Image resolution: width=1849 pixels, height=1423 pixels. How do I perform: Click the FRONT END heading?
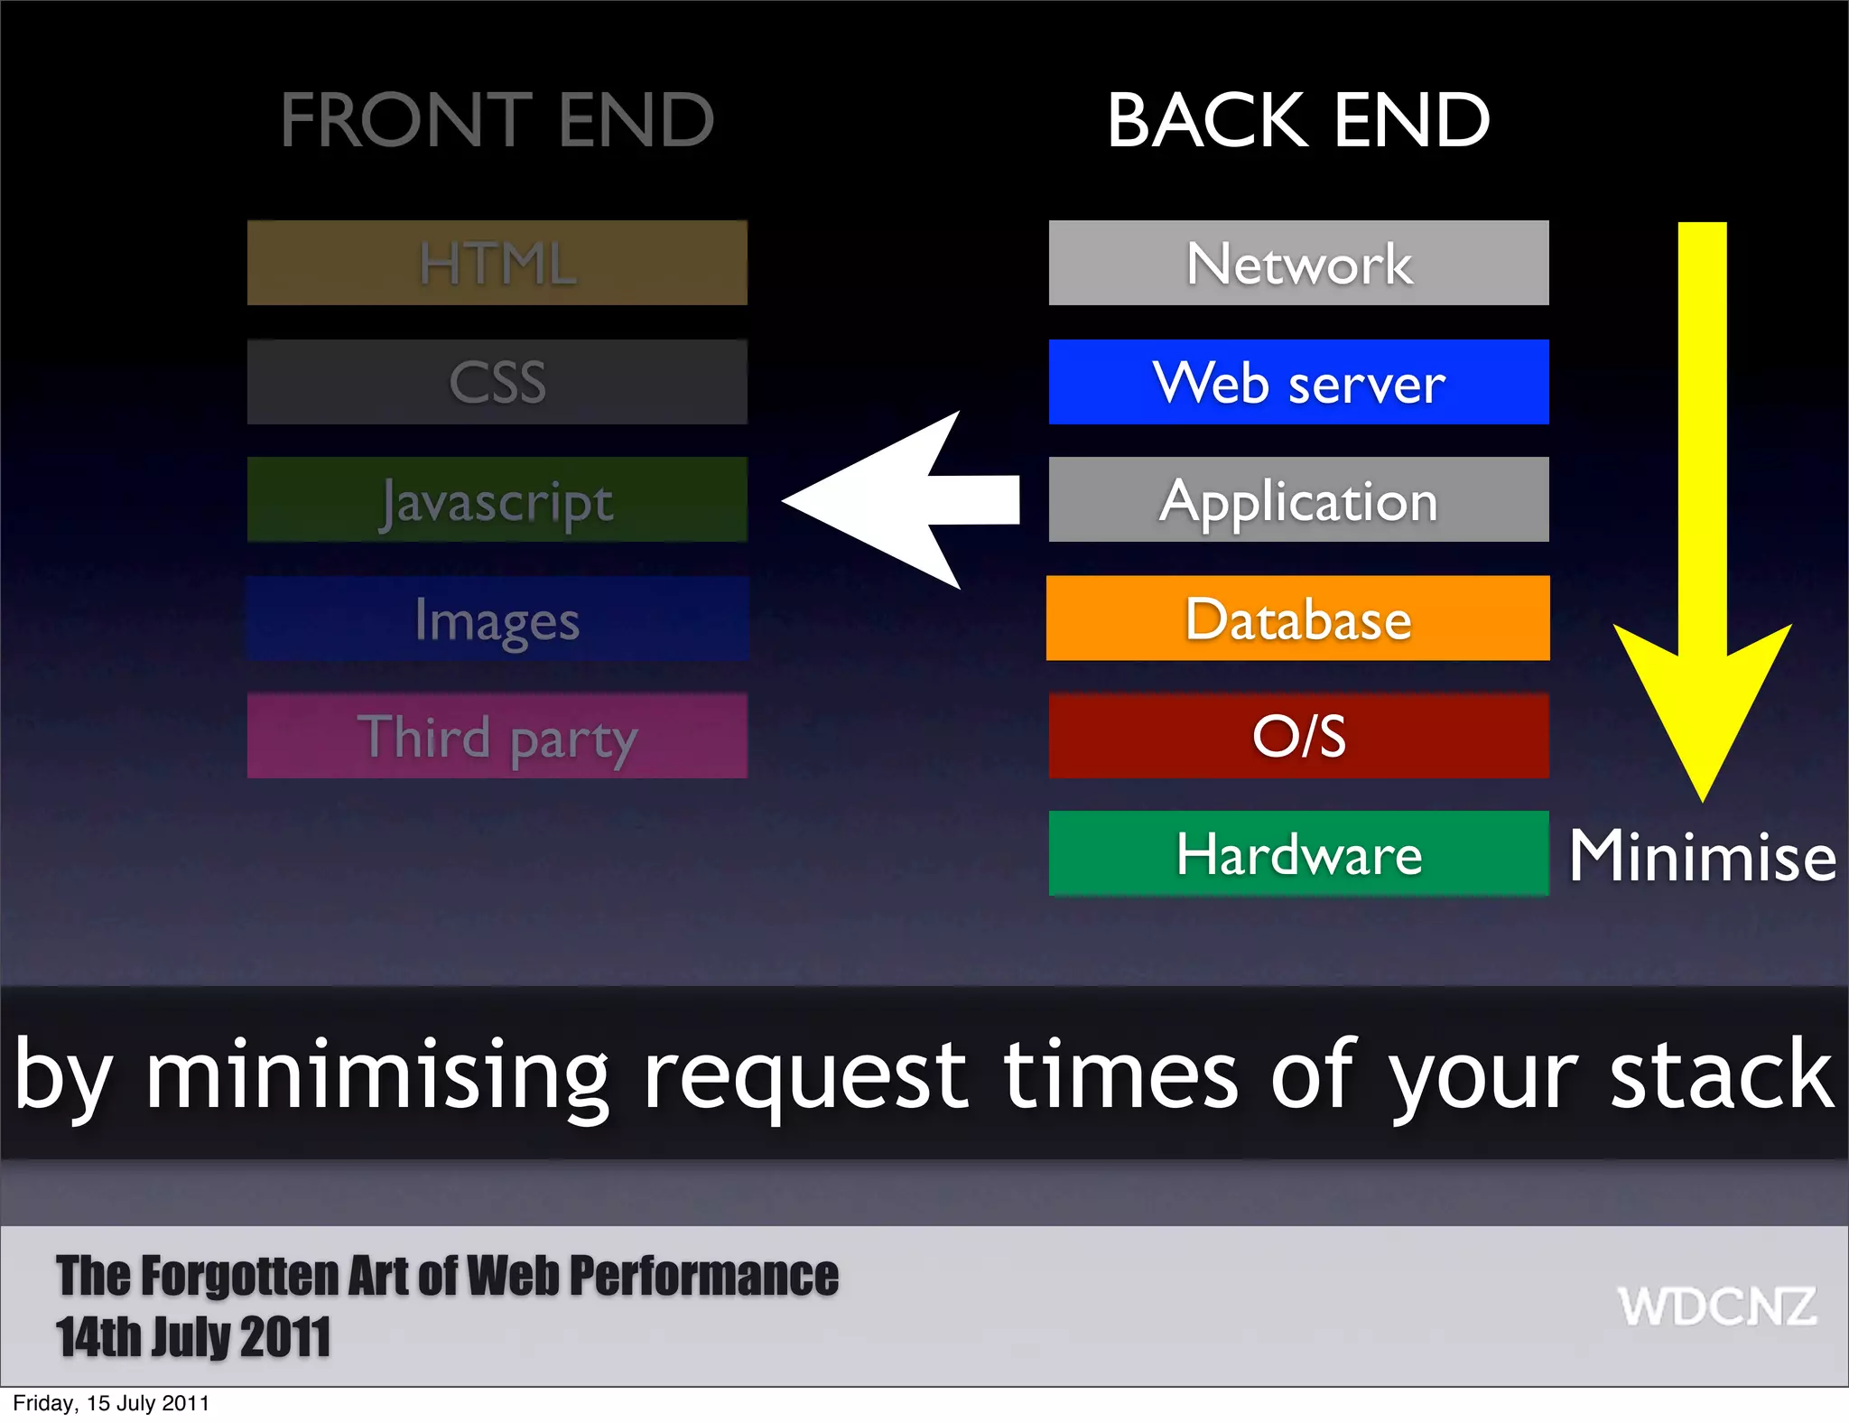click(497, 119)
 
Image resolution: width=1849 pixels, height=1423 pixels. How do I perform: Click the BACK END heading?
click(1297, 119)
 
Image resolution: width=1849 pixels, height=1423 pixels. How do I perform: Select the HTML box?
click(497, 263)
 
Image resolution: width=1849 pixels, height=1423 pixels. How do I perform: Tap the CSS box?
click(497, 382)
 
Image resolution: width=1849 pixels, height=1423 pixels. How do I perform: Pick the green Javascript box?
click(497, 499)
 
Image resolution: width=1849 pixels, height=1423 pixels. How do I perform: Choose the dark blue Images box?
click(497, 618)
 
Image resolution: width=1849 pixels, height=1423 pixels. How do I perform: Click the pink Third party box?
click(497, 736)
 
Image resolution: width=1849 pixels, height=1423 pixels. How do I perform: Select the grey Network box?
click(1298, 263)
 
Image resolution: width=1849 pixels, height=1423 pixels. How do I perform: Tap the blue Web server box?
click(1298, 382)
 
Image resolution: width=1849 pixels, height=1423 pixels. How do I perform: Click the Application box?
click(1298, 499)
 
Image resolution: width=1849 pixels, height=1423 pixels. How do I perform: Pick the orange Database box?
click(1298, 618)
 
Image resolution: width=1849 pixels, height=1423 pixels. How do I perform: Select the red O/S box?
click(1298, 736)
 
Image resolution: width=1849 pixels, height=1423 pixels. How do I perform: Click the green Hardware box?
click(1298, 853)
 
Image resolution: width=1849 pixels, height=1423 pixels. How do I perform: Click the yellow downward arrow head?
click(1702, 704)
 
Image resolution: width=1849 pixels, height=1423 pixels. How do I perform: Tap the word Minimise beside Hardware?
click(1702, 855)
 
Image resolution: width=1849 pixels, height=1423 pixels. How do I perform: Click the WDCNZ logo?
click(1716, 1307)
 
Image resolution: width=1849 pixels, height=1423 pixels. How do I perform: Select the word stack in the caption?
click(1721, 1074)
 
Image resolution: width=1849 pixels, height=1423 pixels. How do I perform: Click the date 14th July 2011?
click(193, 1337)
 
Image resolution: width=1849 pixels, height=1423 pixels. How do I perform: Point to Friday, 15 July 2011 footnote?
click(111, 1403)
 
